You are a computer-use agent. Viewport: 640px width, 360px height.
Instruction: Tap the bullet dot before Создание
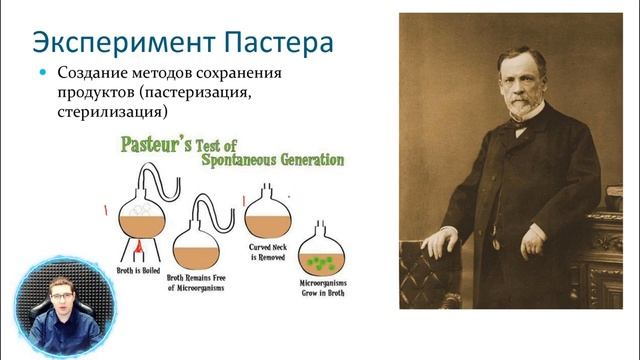pyautogui.click(x=43, y=74)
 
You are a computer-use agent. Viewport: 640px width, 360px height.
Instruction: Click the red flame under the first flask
pyautogui.click(x=137, y=244)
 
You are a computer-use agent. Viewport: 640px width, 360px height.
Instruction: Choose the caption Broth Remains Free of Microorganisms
pyautogui.click(x=197, y=283)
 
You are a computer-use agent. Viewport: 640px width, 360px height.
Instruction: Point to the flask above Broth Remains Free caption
pyautogui.click(x=196, y=245)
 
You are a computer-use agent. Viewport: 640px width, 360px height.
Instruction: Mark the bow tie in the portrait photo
pyautogui.click(x=519, y=126)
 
